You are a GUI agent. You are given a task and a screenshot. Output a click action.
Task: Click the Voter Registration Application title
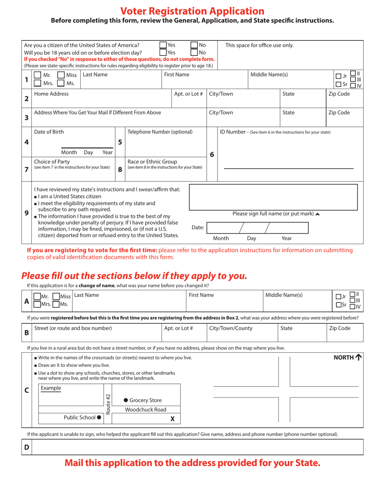click(192, 11)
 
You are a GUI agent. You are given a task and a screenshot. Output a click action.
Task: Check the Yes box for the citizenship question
click(163, 45)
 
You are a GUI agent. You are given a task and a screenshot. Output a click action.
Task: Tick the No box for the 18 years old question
click(194, 52)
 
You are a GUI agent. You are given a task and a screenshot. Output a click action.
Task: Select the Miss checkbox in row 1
click(61, 75)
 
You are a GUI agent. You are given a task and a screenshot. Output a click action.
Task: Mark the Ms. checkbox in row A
click(56, 304)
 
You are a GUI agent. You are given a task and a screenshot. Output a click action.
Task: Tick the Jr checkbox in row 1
click(338, 76)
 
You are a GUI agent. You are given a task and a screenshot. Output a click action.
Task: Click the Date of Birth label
click(49, 132)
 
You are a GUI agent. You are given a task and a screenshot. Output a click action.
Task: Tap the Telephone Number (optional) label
click(160, 132)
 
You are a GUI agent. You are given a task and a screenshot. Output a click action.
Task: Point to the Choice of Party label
click(52, 162)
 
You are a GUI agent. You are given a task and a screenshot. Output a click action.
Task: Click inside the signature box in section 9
click(273, 197)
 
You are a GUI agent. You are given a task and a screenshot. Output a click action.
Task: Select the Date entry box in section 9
click(257, 228)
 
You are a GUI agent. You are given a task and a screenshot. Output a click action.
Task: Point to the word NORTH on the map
click(343, 357)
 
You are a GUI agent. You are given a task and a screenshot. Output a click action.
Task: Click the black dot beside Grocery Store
click(126, 400)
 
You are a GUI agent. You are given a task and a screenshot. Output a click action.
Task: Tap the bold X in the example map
click(173, 419)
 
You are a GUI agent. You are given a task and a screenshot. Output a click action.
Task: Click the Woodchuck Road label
click(145, 409)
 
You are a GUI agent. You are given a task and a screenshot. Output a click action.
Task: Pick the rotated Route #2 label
click(108, 404)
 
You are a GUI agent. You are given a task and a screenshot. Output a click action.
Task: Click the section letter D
click(27, 447)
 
